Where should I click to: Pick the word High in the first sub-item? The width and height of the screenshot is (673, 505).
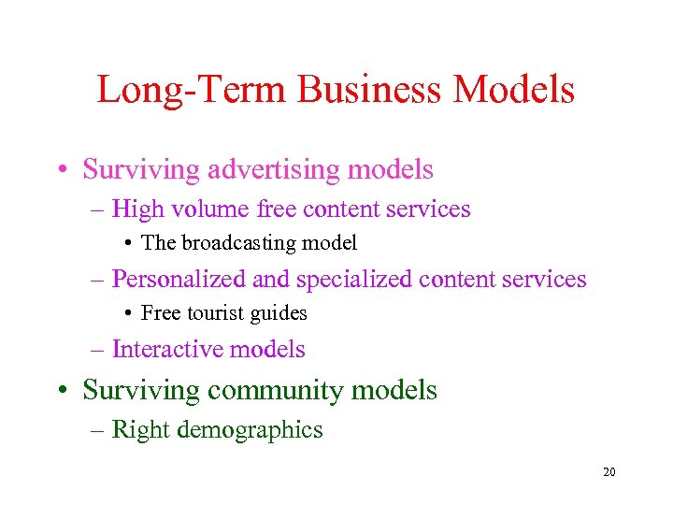[137, 209]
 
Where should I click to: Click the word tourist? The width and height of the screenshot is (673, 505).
[210, 313]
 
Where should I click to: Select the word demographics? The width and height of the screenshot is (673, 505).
[257, 430]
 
